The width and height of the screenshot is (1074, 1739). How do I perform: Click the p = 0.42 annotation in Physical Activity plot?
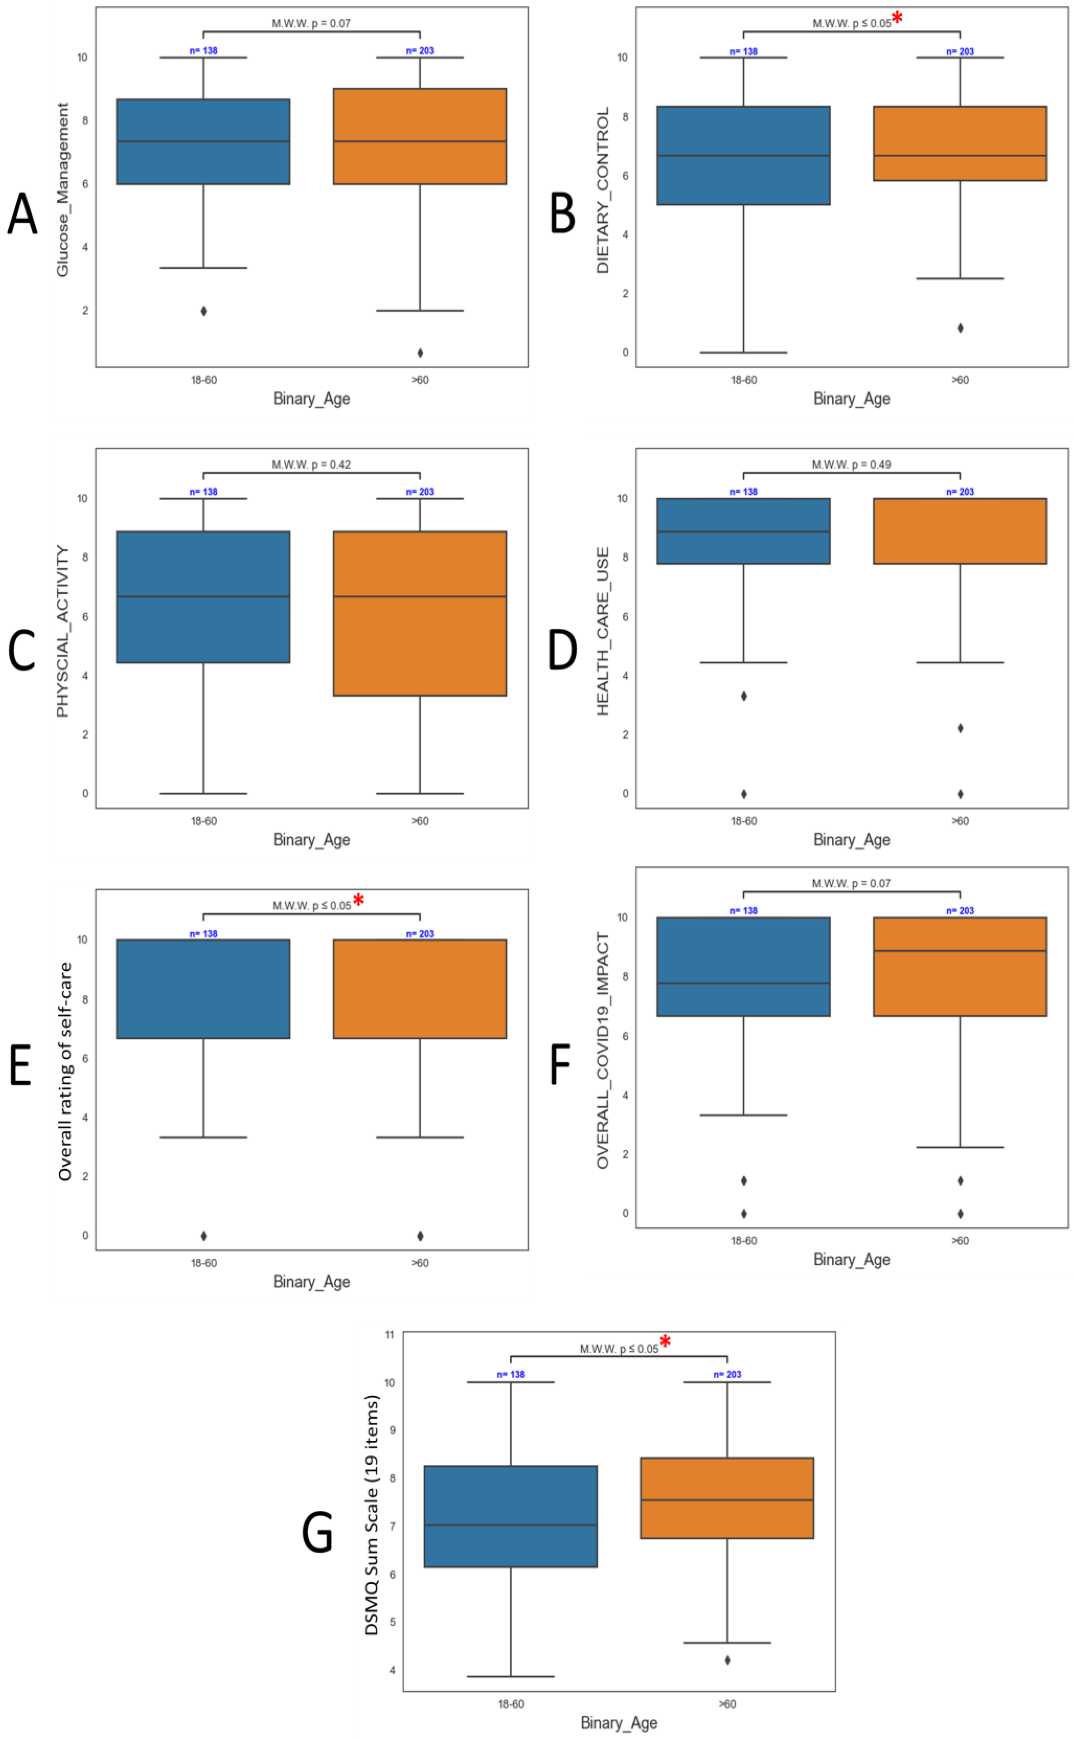coord(311,465)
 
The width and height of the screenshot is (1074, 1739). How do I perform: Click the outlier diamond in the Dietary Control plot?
coord(960,328)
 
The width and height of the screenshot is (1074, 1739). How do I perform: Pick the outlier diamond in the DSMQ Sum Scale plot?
coord(727,1660)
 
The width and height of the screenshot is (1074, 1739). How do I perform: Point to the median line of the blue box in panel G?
coord(511,1524)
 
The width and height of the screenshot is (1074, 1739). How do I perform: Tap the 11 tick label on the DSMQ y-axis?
coord(389,1335)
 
